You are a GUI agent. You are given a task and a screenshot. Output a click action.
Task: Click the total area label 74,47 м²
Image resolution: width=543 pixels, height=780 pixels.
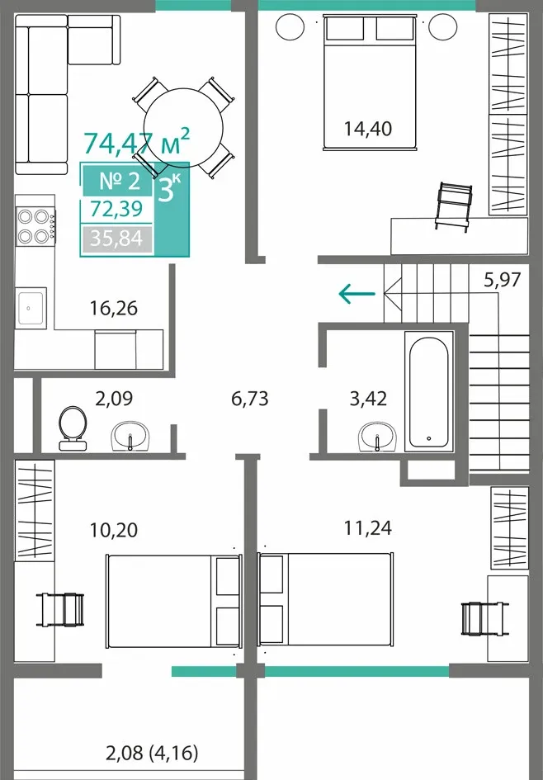(x=137, y=141)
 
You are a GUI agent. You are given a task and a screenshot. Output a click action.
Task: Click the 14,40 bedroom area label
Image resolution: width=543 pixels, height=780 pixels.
(x=368, y=129)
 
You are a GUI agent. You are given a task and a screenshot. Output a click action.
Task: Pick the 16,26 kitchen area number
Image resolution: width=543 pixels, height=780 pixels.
(x=114, y=309)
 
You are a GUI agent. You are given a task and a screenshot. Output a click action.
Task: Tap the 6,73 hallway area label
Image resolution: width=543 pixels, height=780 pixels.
(x=250, y=399)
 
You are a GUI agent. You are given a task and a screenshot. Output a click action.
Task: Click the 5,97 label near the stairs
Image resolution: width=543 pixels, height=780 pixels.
(x=503, y=280)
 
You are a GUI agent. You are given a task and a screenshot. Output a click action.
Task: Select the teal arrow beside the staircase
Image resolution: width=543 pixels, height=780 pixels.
(x=356, y=294)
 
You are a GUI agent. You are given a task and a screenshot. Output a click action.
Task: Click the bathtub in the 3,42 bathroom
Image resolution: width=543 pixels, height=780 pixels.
(x=428, y=391)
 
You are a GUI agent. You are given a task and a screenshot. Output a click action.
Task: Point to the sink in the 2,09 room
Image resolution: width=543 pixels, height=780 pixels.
(x=130, y=437)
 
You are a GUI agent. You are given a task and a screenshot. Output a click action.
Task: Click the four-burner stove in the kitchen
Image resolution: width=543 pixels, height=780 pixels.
(x=35, y=226)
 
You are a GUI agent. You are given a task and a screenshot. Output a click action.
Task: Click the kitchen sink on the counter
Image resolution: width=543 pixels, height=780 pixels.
(x=31, y=308)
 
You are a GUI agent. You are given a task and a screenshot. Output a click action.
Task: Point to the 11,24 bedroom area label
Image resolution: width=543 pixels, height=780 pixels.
(x=368, y=527)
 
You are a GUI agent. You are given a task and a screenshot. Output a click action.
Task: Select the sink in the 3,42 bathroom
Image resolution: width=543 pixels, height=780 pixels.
(x=377, y=437)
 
